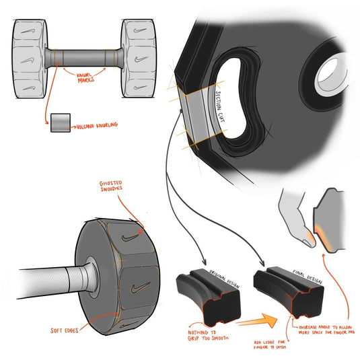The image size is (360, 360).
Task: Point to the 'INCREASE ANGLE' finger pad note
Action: click(322, 330)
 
